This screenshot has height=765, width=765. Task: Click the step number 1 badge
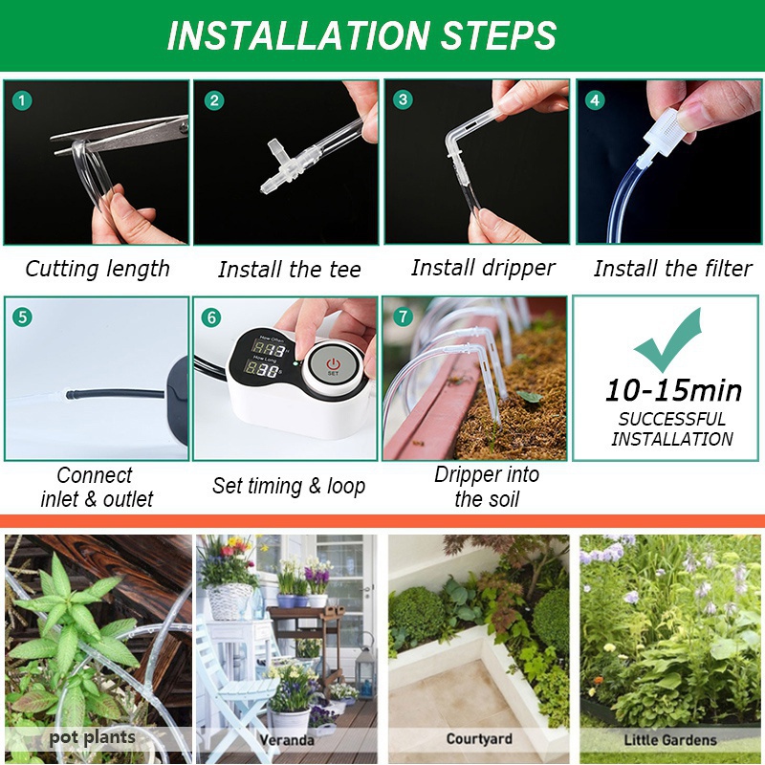(x=21, y=101)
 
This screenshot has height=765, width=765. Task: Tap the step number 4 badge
(x=595, y=100)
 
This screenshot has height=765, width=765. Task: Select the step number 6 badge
(x=211, y=317)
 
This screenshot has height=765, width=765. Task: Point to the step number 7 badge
(x=403, y=317)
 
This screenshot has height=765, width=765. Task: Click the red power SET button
(x=333, y=365)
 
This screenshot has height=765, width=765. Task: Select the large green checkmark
(x=667, y=340)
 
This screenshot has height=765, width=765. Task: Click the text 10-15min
(x=673, y=391)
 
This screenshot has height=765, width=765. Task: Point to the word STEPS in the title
(x=498, y=35)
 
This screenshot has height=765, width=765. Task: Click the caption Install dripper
(x=483, y=268)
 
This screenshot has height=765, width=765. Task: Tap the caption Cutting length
(x=98, y=270)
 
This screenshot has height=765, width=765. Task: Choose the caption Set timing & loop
(x=289, y=486)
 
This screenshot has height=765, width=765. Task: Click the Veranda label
(x=287, y=740)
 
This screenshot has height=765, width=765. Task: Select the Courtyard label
(x=479, y=739)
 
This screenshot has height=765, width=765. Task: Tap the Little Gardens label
(x=670, y=740)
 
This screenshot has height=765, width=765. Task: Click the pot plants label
(x=92, y=737)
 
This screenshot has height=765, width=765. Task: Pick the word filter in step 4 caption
(x=727, y=269)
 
